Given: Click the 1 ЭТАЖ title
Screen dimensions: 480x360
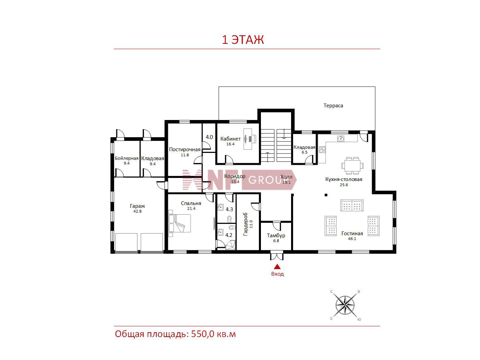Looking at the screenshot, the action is [243, 40].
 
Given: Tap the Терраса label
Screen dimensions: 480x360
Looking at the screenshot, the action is [333, 106].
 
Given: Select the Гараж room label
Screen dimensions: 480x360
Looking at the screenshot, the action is [137, 206].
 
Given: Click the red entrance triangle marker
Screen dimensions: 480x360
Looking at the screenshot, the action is [277, 266].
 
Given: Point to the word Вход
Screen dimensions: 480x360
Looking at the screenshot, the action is [277, 274].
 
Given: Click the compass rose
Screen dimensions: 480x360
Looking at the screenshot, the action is [345, 305].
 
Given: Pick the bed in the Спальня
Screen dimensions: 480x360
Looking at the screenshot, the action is [180, 223].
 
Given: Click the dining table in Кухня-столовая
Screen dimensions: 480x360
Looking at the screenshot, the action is [352, 166].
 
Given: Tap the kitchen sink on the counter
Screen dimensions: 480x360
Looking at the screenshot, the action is [340, 139].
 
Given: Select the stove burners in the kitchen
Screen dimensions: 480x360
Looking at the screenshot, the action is [322, 149].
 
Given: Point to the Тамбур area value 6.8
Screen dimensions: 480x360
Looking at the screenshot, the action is [276, 241].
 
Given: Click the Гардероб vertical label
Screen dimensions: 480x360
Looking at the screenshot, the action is [245, 224].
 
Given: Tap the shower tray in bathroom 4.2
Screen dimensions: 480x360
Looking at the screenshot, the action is [231, 245].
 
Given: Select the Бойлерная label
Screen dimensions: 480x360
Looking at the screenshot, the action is [127, 158].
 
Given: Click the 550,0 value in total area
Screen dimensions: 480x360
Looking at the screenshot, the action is [203, 334].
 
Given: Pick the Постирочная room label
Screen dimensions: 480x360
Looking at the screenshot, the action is [185, 150].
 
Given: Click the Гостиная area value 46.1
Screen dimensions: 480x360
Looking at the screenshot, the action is [352, 239].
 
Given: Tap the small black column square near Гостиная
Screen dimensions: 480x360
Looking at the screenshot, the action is [326, 195].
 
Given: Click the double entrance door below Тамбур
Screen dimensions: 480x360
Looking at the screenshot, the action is [277, 256].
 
